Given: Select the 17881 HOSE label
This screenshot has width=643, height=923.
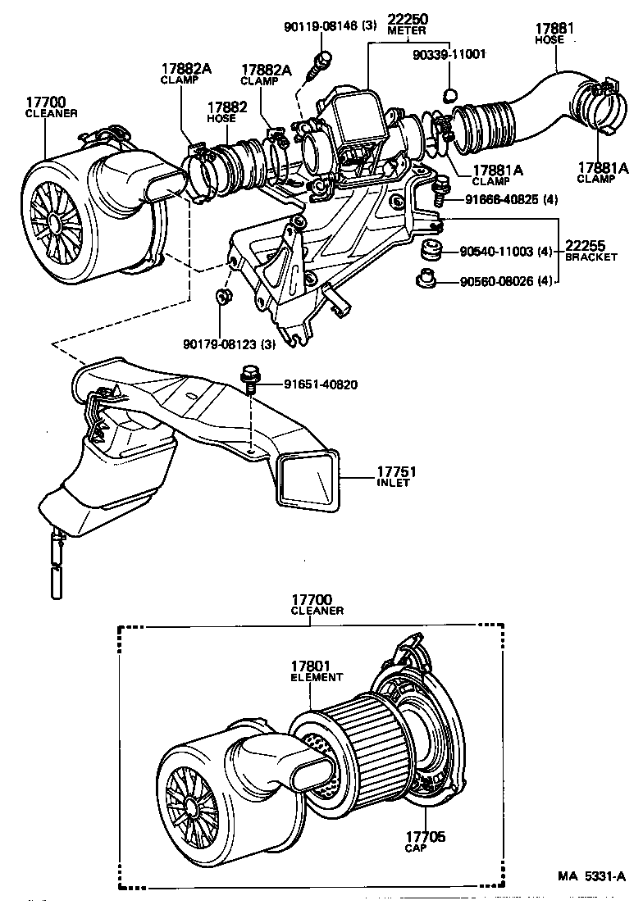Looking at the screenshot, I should click(x=554, y=33).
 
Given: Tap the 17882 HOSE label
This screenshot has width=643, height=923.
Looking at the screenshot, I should click(x=221, y=112).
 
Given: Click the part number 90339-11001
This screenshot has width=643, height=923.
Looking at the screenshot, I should click(x=449, y=53).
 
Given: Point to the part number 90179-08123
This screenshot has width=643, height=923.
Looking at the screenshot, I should click(x=229, y=343).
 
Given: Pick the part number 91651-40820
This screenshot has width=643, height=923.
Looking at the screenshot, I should click(x=321, y=384).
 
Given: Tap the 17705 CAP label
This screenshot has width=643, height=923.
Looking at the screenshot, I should click(x=425, y=841).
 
